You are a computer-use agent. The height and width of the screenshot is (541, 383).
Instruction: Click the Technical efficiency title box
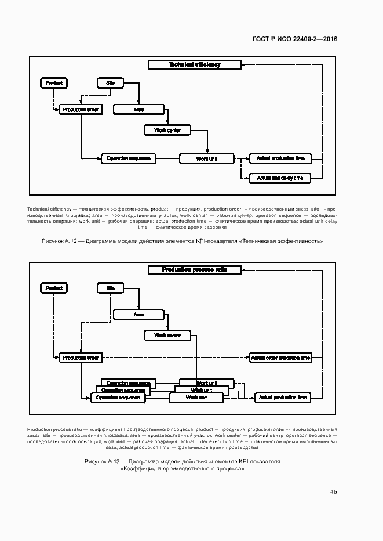194,65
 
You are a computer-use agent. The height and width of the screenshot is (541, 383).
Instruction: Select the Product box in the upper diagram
54,83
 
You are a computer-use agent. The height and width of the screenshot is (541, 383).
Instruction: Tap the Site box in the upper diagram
110,83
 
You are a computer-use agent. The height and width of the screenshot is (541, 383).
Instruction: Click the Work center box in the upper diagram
167,130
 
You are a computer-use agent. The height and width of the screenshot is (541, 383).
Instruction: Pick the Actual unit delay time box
280,178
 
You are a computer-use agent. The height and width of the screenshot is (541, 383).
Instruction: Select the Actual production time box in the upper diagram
280,159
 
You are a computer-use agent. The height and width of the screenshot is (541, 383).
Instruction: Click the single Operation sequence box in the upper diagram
128,159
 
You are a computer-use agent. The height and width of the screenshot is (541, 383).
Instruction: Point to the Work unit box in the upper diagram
206,159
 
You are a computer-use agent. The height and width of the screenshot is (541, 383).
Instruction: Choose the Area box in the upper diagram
138,109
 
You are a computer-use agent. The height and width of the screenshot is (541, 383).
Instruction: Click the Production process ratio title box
194,270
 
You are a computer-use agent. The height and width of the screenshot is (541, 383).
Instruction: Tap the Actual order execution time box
280,358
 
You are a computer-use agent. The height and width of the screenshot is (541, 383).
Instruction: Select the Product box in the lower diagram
54,288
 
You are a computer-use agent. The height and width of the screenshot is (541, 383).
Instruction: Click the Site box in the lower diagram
110,288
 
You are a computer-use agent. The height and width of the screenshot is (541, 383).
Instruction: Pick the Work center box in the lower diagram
167,335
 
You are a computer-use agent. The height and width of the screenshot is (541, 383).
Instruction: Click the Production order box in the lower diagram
81,358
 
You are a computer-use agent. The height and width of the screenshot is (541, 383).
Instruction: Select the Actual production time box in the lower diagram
283,398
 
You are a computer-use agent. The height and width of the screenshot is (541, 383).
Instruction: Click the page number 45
333,491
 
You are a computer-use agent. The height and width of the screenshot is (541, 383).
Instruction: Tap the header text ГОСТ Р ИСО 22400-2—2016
294,39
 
